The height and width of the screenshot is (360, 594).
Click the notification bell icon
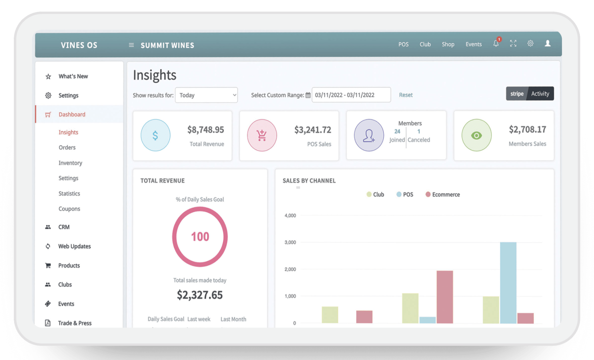tap(496, 44)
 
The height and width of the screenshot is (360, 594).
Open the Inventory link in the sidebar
tap(70, 163)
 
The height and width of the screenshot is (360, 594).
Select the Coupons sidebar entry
tap(69, 209)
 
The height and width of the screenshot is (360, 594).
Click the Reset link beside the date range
tap(405, 95)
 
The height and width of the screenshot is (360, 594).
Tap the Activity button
tap(540, 94)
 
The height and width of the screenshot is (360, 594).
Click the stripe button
tap(517, 94)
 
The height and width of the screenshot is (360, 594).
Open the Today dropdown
tap(206, 95)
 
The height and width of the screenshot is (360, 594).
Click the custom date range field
tap(351, 95)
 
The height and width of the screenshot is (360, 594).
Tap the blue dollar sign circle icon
tap(155, 135)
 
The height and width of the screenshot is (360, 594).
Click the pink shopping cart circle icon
tap(262, 135)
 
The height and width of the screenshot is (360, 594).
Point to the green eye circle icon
tap(476, 135)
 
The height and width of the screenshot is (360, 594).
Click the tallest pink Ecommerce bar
tap(445, 297)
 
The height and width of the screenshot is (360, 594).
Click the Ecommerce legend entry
tap(443, 195)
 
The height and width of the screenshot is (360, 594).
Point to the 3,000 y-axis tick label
tap(290, 242)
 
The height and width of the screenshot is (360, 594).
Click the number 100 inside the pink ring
tap(200, 237)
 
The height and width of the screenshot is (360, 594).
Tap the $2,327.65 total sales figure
tap(200, 295)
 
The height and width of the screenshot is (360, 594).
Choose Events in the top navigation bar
tap(473, 44)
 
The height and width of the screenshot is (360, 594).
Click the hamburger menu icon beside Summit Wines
tap(131, 45)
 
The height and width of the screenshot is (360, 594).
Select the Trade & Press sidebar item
tap(74, 323)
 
